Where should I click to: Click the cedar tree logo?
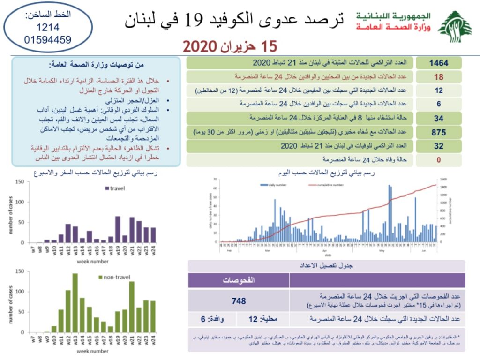(455, 26)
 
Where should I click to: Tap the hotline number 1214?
(48, 28)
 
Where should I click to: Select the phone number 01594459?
(48, 39)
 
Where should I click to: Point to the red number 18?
(439, 77)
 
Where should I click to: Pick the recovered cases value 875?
(439, 132)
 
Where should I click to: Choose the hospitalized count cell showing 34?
(439, 118)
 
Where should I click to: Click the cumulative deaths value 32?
(439, 146)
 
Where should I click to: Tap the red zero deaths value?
(439, 160)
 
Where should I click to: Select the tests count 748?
(239, 301)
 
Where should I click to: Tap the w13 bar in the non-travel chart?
(75, 303)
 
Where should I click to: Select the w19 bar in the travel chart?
(118, 229)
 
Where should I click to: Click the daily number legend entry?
(271, 185)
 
